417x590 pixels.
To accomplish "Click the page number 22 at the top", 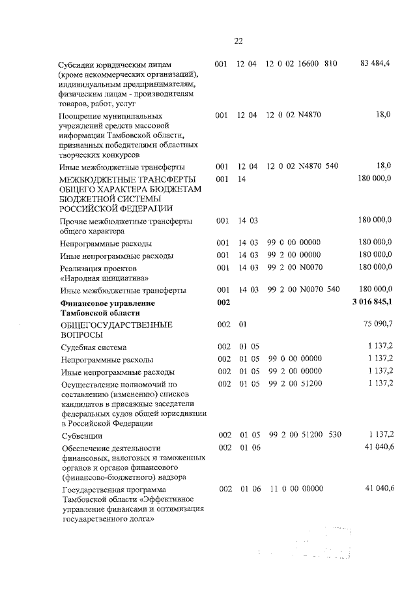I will [x=238, y=41].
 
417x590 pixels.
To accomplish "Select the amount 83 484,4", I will [x=375, y=63].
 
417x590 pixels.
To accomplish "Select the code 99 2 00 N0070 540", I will [x=304, y=289].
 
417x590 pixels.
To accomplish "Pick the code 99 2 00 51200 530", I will [x=304, y=435].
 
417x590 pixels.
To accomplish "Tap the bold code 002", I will [x=223, y=303].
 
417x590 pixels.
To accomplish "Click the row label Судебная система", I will [x=94, y=348].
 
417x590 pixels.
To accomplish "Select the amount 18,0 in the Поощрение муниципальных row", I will [x=383, y=115].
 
